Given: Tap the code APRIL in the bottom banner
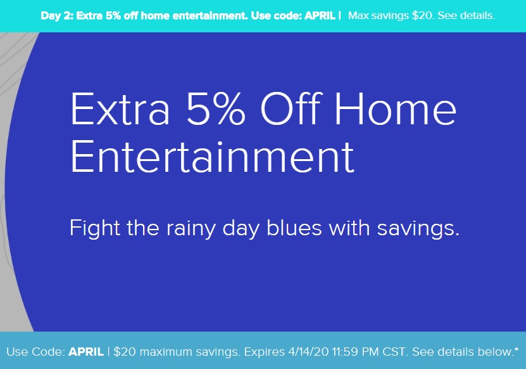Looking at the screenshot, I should pos(86,351).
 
